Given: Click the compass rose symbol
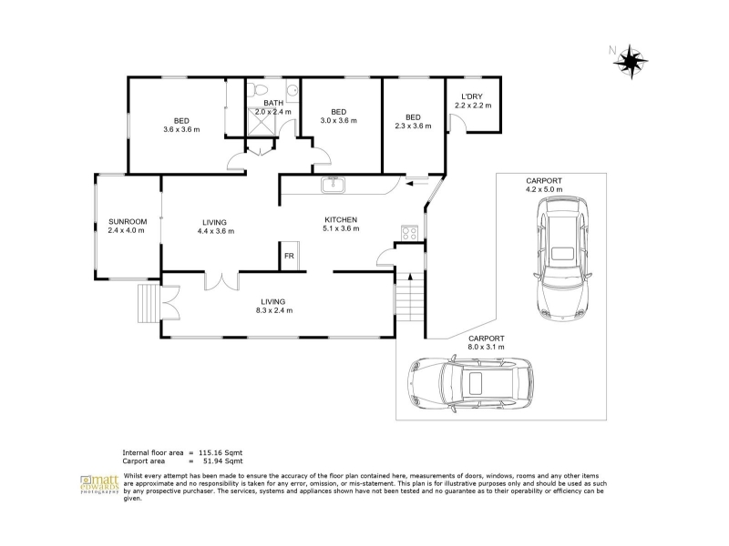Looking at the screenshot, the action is (631, 61).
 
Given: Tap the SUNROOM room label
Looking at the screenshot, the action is (128, 222).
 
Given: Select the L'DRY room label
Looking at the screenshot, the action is (472, 96).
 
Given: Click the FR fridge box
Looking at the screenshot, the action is (289, 256).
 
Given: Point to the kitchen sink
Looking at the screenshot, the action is (333, 185).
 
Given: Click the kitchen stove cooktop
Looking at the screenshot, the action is (409, 233).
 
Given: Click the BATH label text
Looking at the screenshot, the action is (273, 103).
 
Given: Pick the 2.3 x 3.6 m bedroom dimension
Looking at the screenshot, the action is (413, 126).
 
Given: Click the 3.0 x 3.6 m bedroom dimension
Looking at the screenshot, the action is (338, 121).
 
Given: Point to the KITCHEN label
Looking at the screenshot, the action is (341, 219).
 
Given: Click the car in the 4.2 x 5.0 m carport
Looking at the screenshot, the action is (562, 258).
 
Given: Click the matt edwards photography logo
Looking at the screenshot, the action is (99, 484).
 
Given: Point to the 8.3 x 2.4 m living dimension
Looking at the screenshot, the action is (274, 310).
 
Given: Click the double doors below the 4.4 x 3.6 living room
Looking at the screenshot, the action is (221, 281).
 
